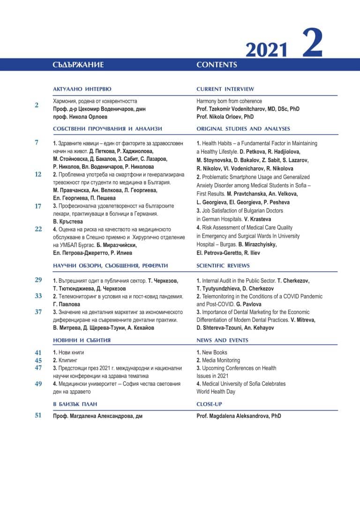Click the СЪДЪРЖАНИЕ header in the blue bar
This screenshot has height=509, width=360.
[x=78, y=65]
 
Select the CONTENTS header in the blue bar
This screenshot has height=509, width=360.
[x=217, y=65]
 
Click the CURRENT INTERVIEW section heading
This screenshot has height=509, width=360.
[x=225, y=89]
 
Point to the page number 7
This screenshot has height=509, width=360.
[x=37, y=142]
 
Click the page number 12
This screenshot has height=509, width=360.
[x=38, y=174]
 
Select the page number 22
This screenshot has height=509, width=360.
[x=38, y=229]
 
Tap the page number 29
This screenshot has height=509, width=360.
[x=38, y=280]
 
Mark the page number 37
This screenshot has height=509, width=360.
[x=38, y=312]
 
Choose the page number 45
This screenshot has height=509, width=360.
[x=38, y=360]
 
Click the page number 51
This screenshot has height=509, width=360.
[x=38, y=415]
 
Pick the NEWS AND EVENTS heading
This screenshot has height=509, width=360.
[x=222, y=340]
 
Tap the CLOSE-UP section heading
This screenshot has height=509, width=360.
[x=209, y=404]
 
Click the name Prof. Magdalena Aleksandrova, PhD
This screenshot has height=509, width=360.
[x=239, y=416]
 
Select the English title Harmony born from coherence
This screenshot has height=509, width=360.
[x=229, y=101]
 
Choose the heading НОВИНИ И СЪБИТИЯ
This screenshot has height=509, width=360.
[x=82, y=340]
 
